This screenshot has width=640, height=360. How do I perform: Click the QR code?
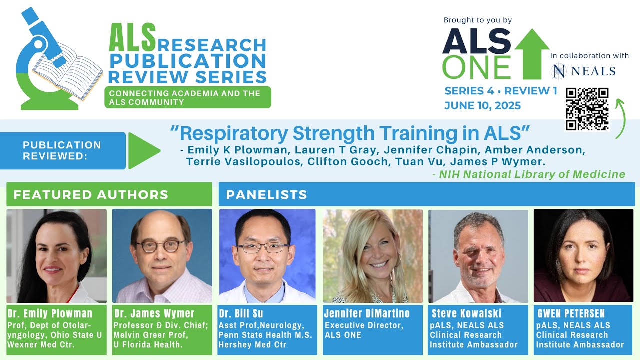pyautogui.click(x=587, y=109)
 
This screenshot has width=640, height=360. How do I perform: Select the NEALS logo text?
pyautogui.click(x=583, y=71)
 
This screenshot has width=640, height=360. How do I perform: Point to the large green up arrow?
pyautogui.click(x=531, y=54)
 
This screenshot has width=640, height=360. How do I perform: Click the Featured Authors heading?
pyautogui.click(x=91, y=195)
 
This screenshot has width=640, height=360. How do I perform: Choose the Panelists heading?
pyautogui.click(x=266, y=195)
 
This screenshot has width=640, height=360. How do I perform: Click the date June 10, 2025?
pyautogui.click(x=482, y=106)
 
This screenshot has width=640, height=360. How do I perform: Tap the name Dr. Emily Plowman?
pyautogui.click(x=50, y=314)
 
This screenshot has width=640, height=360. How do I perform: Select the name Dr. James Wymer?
pyautogui.click(x=154, y=314)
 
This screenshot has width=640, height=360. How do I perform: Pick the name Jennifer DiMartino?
pyautogui.click(x=367, y=314)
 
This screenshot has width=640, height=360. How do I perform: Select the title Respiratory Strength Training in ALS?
pyautogui.click(x=350, y=134)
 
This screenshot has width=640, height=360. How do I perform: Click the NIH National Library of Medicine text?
pyautogui.click(x=532, y=174)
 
